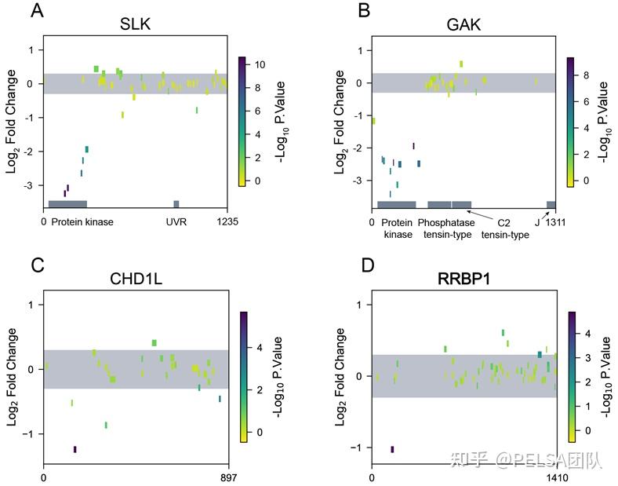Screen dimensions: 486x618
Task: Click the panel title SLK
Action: (x=135, y=24)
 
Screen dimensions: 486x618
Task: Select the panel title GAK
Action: (x=464, y=24)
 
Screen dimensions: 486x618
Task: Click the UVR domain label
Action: (x=176, y=222)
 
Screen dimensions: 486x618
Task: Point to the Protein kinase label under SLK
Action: (x=82, y=222)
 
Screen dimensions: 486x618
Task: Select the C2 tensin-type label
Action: (x=505, y=228)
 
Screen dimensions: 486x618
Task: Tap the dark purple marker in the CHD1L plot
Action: (x=75, y=449)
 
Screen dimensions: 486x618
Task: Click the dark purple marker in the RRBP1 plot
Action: (x=392, y=449)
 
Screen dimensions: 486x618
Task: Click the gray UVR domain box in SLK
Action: (x=176, y=204)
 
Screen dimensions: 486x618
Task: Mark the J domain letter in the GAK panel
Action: (x=537, y=222)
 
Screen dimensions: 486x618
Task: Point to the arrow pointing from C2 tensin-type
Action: (x=485, y=214)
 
